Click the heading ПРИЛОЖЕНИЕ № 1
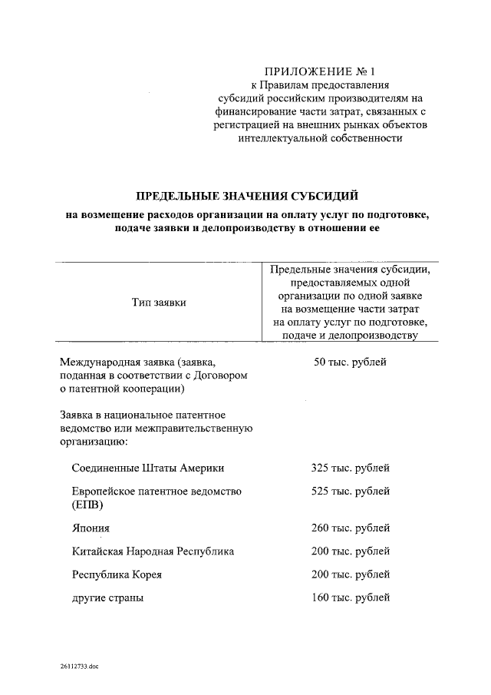tap(321, 71)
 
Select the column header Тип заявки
tap(160, 303)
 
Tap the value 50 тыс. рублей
tap(351, 362)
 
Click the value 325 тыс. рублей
tap(351, 468)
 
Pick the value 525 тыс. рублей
tap(351, 491)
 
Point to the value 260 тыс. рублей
tap(351, 528)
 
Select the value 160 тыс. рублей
tap(351, 597)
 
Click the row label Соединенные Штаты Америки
tap(148, 468)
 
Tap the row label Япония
tap(91, 528)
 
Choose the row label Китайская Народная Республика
tap(153, 551)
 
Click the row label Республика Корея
tap(117, 574)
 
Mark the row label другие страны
tap(107, 597)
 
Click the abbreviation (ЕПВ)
tap(87, 505)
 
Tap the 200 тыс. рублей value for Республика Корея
tap(351, 574)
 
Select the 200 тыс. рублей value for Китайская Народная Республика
tap(351, 551)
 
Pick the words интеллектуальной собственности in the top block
tap(321, 138)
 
